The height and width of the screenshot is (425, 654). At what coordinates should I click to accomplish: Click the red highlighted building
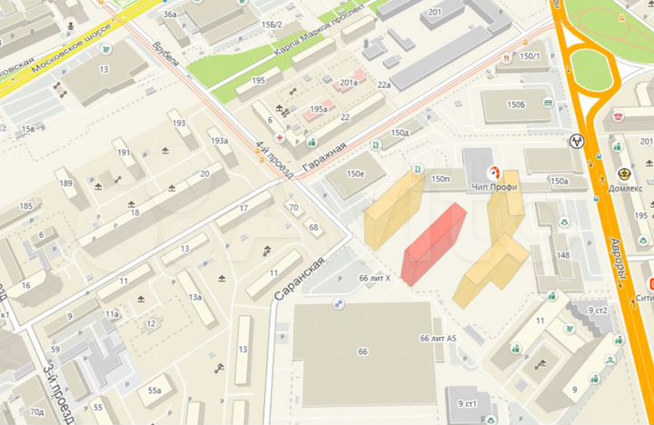(x=435, y=243)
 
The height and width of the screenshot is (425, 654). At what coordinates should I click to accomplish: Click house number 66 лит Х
(x=374, y=277)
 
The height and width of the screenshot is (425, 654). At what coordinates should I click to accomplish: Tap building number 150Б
(x=516, y=106)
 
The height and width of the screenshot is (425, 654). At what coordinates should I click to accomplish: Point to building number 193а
(x=219, y=141)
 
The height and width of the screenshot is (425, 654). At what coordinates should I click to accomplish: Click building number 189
(x=65, y=183)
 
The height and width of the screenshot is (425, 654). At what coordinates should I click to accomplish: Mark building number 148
(x=563, y=255)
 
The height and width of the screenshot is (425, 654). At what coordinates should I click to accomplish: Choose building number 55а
(x=155, y=390)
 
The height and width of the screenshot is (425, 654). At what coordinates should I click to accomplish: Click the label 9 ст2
(x=597, y=311)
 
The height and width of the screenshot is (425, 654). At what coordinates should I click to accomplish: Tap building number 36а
(x=169, y=15)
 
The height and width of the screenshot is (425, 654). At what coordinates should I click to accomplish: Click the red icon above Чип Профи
(x=495, y=171)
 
